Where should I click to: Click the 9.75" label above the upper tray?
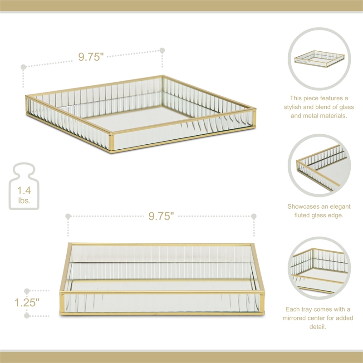pos(91,57)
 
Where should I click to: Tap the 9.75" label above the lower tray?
pos(162,216)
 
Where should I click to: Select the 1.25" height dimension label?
pos(26,302)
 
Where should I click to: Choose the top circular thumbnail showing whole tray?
pos(319,59)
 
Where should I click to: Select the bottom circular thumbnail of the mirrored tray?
pos(319,268)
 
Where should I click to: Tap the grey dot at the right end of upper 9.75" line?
pos(162,50)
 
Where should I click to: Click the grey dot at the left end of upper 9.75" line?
pos(24,67)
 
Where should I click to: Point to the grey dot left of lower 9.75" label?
pos(68,216)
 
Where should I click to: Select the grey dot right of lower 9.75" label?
pos(254,216)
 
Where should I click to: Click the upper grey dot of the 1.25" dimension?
pos(27,290)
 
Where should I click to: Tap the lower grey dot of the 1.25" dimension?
pos(27,315)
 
